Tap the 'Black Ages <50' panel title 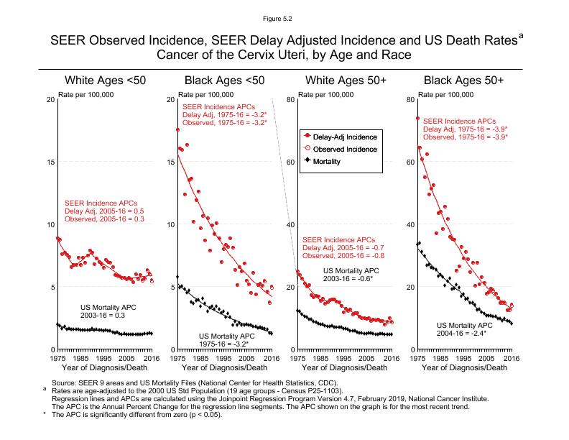tap(225, 80)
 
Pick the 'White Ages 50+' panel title tap(344, 80)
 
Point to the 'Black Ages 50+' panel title tap(463, 80)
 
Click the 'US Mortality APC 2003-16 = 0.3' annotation tap(108, 311)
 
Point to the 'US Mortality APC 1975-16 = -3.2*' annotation tap(227, 340)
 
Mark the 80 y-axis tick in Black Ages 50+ tap(409, 99)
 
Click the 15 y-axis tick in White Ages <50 tap(49, 162)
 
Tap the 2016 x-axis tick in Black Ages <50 tap(270, 357)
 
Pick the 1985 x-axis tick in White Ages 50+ tap(320, 357)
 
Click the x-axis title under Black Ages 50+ tap(464, 368)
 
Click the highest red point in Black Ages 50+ tap(417, 119)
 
